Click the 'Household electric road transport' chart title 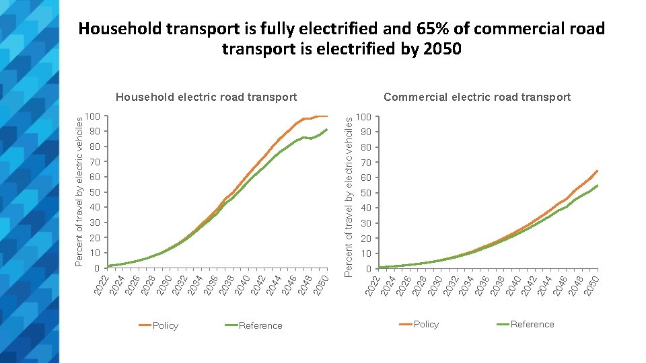[207, 97]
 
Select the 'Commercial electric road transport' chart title [477, 97]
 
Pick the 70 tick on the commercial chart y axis [365, 163]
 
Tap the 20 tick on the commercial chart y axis [365, 239]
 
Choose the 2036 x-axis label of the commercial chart [481, 282]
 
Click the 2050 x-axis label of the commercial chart [590, 282]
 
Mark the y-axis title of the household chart [79, 190]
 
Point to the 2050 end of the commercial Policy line [597, 171]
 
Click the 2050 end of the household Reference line [326, 130]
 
